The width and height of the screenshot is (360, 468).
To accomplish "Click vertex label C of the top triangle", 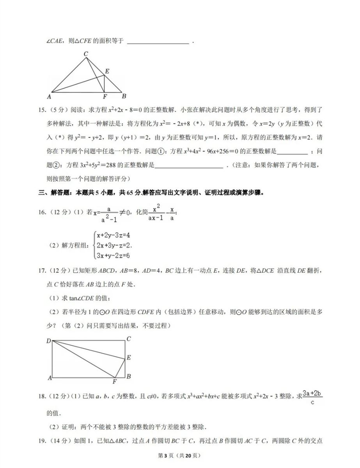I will pyautogui.click(x=86, y=53).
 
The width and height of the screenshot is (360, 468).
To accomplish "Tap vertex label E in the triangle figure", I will pyautogui.click(x=107, y=71).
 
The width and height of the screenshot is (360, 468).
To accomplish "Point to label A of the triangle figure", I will pyautogui.click(x=49, y=96).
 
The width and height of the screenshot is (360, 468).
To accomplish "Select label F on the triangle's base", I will pyautogui.click(x=105, y=97).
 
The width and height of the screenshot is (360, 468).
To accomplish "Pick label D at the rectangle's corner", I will pyautogui.click(x=49, y=341).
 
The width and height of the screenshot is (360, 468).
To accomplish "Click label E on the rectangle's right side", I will pyautogui.click(x=129, y=357).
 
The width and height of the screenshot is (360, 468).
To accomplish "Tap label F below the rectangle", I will pyautogui.click(x=115, y=381).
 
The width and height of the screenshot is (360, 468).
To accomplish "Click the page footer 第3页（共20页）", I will pyautogui.click(x=180, y=456).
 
